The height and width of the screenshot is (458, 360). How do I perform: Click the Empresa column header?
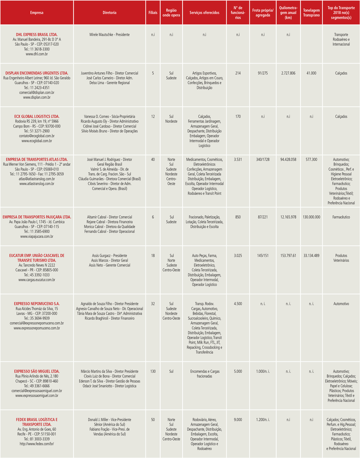pyautogui.click(x=37, y=12)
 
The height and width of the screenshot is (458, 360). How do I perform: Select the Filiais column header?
pyautogui.click(x=153, y=12)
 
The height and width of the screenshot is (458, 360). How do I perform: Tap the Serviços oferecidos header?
pyautogui.click(x=204, y=12)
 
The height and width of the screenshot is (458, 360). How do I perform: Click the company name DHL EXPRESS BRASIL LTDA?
pyautogui.click(x=37, y=35)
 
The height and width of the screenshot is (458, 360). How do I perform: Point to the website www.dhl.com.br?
pyautogui.click(x=37, y=54)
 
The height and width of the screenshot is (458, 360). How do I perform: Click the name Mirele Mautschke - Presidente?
pyautogui.click(x=109, y=35)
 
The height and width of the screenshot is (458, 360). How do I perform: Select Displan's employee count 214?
pyautogui.click(x=238, y=73)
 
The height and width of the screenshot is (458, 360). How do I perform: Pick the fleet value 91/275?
pyautogui.click(x=263, y=73)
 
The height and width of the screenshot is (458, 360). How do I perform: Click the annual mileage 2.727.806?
pyautogui.click(x=288, y=73)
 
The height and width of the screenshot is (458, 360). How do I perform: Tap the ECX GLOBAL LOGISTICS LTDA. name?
pyautogui.click(x=37, y=117)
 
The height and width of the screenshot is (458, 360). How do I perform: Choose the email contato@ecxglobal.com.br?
pyautogui.click(x=37, y=136)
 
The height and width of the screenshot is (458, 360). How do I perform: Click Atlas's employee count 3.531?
pyautogui.click(x=238, y=160)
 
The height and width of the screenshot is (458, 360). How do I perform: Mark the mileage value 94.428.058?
pyautogui.click(x=288, y=160)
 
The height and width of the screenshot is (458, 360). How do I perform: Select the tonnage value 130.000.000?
pyautogui.click(x=311, y=217)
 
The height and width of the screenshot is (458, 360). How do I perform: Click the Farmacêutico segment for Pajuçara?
pyautogui.click(x=341, y=217)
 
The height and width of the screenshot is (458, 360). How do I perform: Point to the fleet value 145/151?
pyautogui.click(x=263, y=255)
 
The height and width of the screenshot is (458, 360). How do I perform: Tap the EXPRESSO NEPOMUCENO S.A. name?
pyautogui.click(x=37, y=304)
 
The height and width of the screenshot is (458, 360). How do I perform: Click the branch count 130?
pyautogui.click(x=153, y=371)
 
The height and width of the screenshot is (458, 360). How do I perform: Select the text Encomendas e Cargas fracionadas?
pyautogui.click(x=205, y=374)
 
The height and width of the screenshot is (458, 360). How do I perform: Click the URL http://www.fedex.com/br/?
pyautogui.click(x=37, y=444)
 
